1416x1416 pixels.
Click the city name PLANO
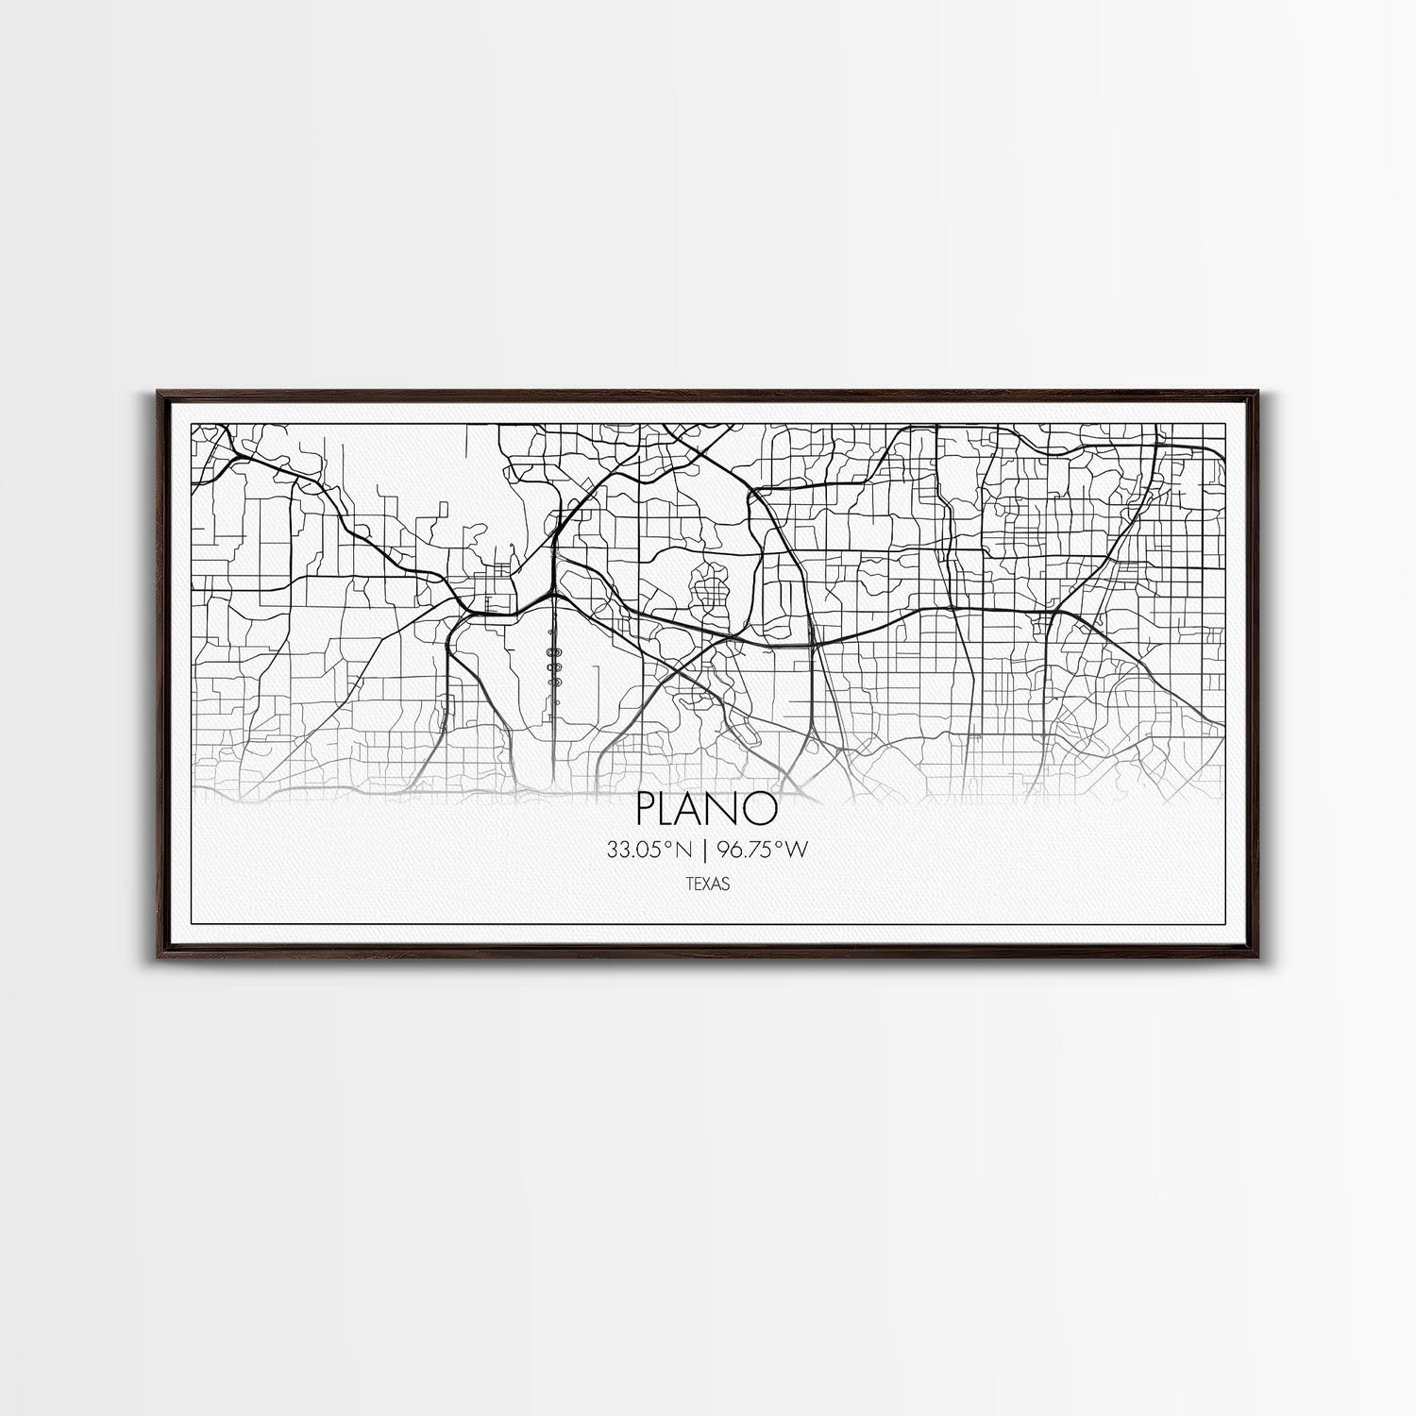(x=707, y=808)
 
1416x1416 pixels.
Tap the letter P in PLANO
(x=649, y=808)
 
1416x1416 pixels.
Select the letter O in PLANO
(x=761, y=808)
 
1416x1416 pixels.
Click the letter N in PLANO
(x=732, y=808)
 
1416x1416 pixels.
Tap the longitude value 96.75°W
(x=763, y=851)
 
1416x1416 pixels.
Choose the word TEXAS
(x=707, y=885)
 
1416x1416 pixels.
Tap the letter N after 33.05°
(x=683, y=851)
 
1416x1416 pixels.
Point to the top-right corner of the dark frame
(x=1264, y=388)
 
